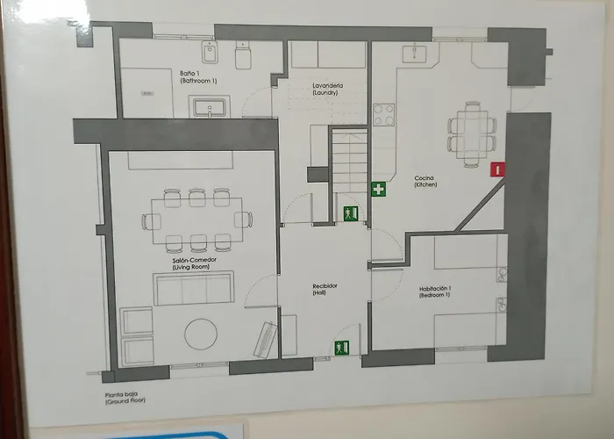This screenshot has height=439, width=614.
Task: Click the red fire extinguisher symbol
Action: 497,169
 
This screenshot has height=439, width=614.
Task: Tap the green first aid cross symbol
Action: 379,189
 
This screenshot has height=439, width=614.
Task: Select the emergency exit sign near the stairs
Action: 351,213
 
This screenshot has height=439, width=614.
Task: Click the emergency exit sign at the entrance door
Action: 342,348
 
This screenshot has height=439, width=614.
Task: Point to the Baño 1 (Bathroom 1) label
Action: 198,77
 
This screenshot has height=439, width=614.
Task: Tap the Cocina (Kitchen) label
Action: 425,181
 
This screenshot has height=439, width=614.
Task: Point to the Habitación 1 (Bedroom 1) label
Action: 435,291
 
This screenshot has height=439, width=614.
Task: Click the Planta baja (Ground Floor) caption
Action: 125,398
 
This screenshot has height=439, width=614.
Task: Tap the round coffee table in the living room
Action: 201,334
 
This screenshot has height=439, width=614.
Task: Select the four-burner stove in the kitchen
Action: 384,114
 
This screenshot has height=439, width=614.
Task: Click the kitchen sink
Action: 414,54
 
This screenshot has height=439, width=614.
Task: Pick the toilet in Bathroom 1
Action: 243,55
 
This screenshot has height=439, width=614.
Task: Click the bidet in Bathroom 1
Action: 210,52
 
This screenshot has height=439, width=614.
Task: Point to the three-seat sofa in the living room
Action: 194,288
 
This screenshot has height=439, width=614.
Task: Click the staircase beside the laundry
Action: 350,162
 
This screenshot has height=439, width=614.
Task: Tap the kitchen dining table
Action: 473,134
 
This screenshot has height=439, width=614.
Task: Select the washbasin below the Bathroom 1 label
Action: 210,106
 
